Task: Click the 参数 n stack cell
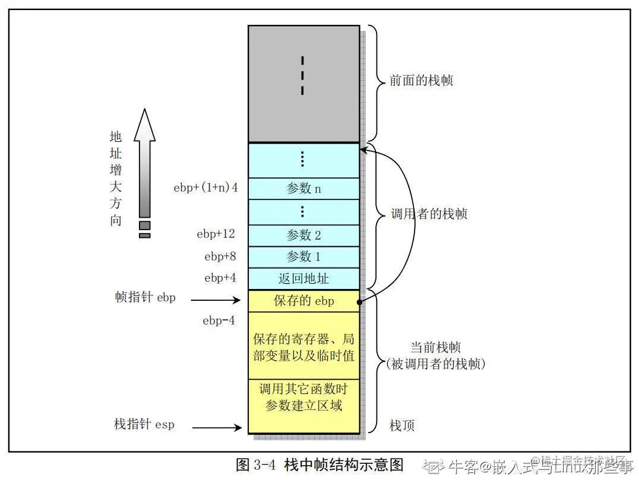[303, 189]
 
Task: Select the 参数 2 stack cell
[303, 236]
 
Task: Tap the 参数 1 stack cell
[303, 257]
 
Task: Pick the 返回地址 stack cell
[303, 278]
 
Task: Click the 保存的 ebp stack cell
[303, 301]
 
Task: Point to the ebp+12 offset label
[216, 234]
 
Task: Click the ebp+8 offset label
[220, 257]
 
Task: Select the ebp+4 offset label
[220, 278]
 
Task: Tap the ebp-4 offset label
[219, 321]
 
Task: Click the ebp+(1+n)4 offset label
[205, 188]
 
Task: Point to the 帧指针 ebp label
[145, 297]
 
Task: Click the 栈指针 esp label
[144, 425]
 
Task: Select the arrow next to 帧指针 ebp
[216, 300]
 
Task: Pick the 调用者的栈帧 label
[428, 214]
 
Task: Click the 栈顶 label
[402, 425]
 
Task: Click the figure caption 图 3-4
[319, 464]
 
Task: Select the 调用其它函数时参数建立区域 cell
[303, 398]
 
